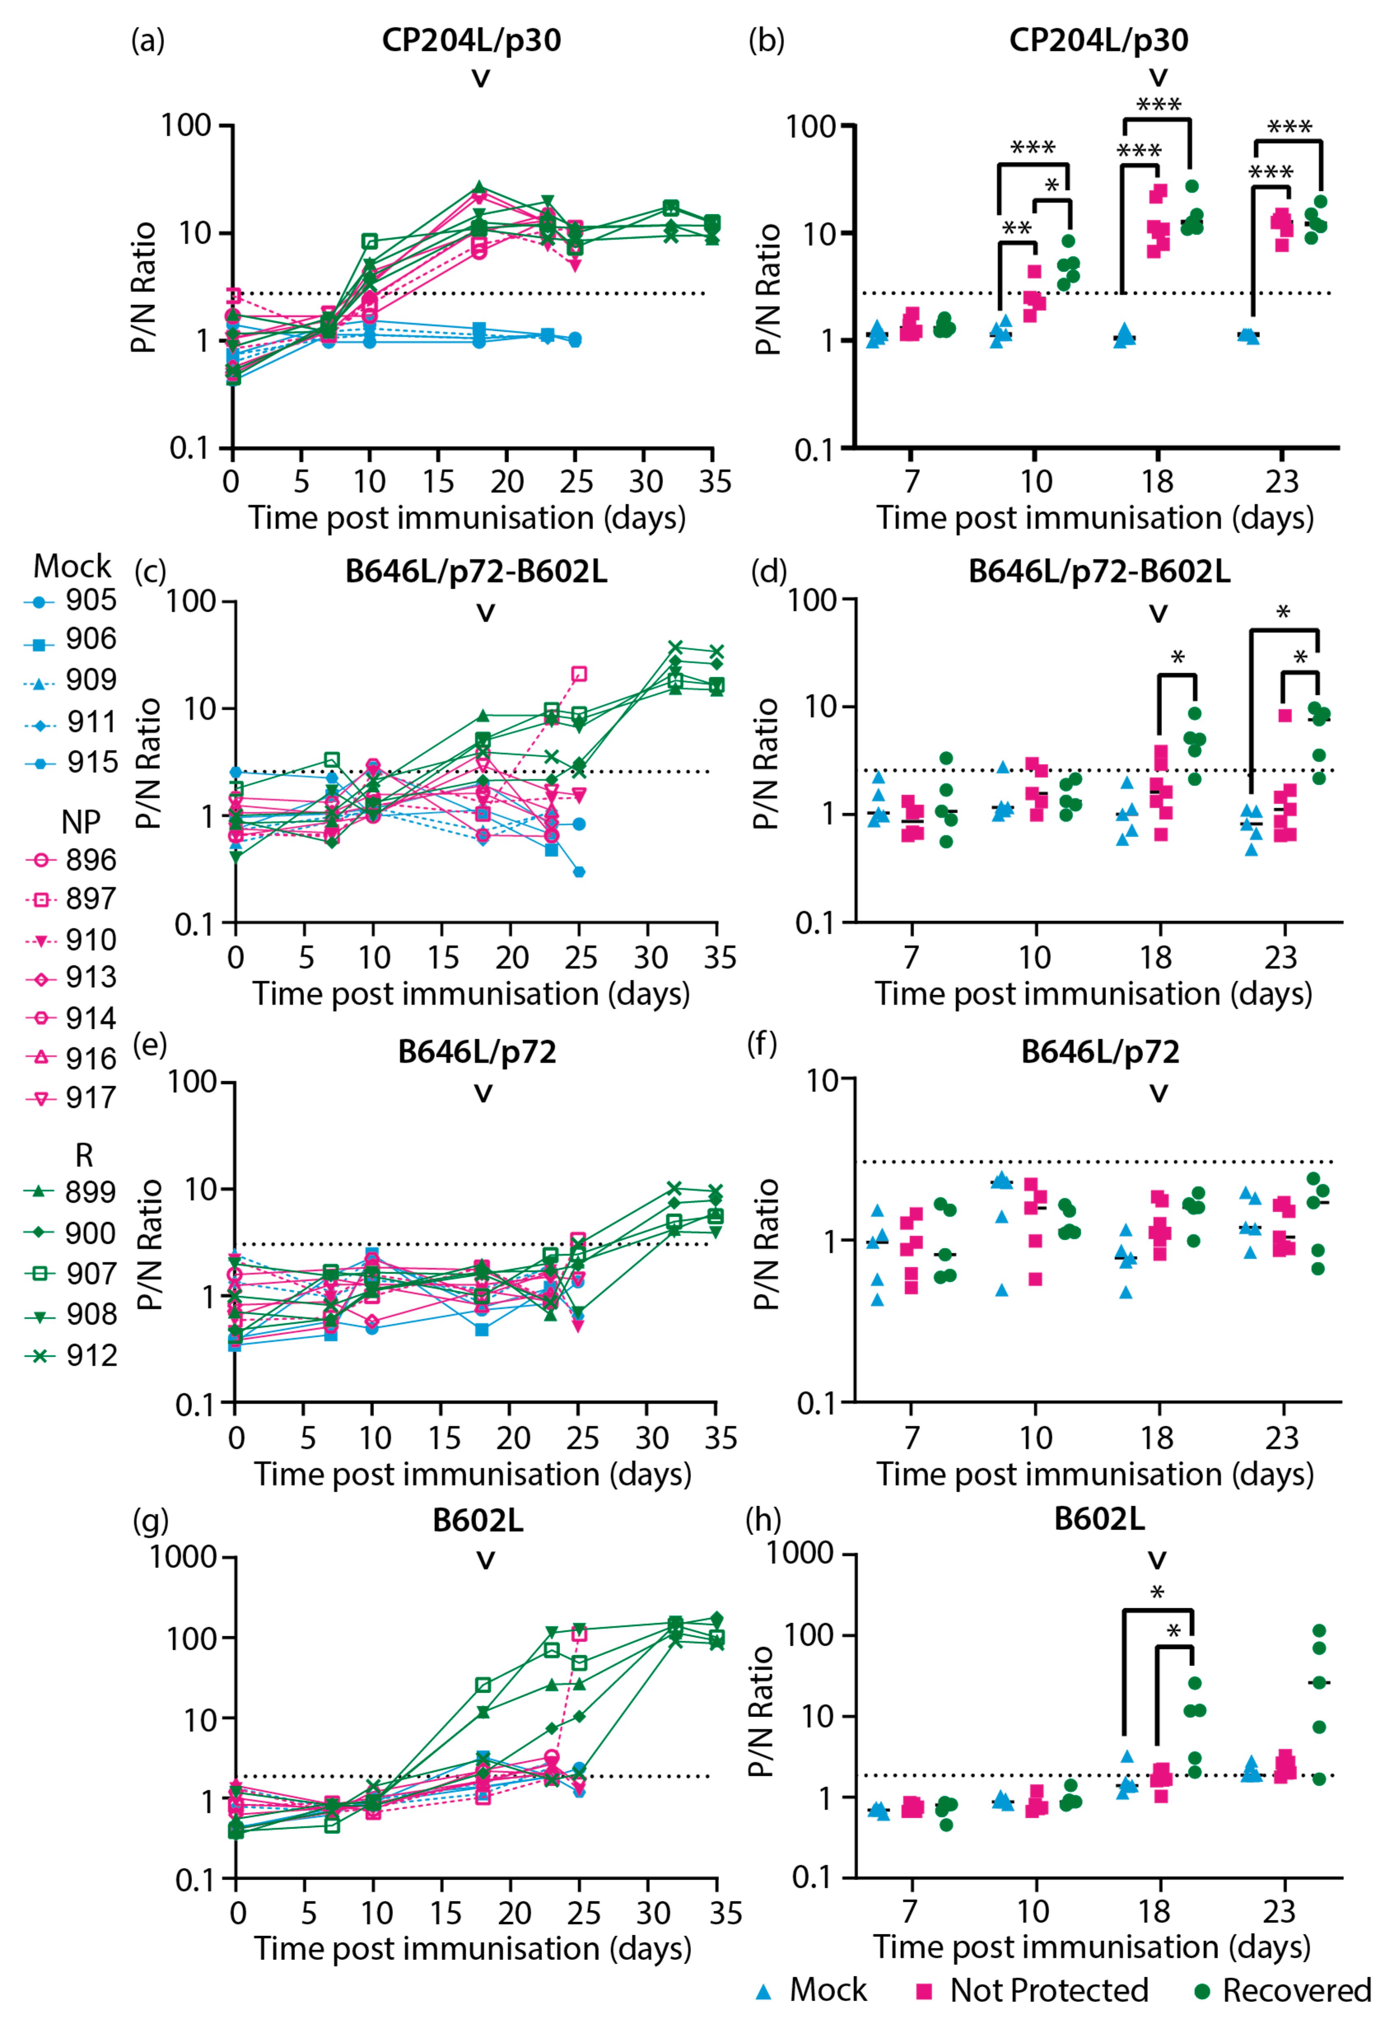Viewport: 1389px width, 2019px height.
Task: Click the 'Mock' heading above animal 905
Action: (x=72, y=567)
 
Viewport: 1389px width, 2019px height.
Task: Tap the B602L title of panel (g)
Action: (x=478, y=1520)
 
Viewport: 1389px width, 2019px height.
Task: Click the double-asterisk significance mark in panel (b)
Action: (x=1016, y=229)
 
